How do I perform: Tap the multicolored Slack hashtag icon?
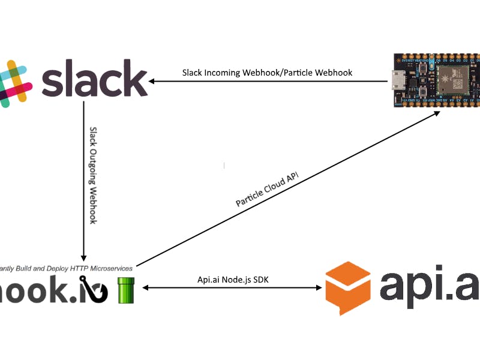(x=14, y=83)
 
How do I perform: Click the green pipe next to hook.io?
(x=126, y=290)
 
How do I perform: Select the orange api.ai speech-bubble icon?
(x=348, y=287)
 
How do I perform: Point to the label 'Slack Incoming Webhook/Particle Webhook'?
(x=267, y=73)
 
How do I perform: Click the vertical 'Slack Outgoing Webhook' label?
(x=93, y=175)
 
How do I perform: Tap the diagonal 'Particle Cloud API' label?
(x=266, y=188)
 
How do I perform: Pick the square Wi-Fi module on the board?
(x=451, y=79)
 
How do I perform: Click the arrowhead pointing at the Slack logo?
(x=154, y=81)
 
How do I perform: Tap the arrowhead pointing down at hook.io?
(x=83, y=256)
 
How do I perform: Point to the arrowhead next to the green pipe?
(x=145, y=289)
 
